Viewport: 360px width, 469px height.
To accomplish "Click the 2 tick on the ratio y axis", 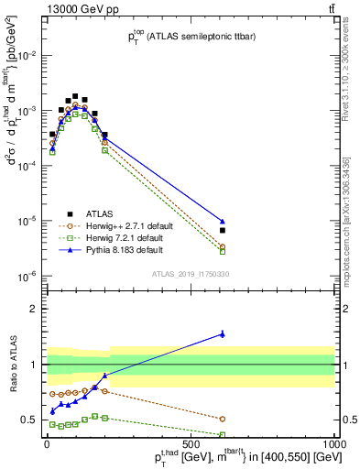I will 37,309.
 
